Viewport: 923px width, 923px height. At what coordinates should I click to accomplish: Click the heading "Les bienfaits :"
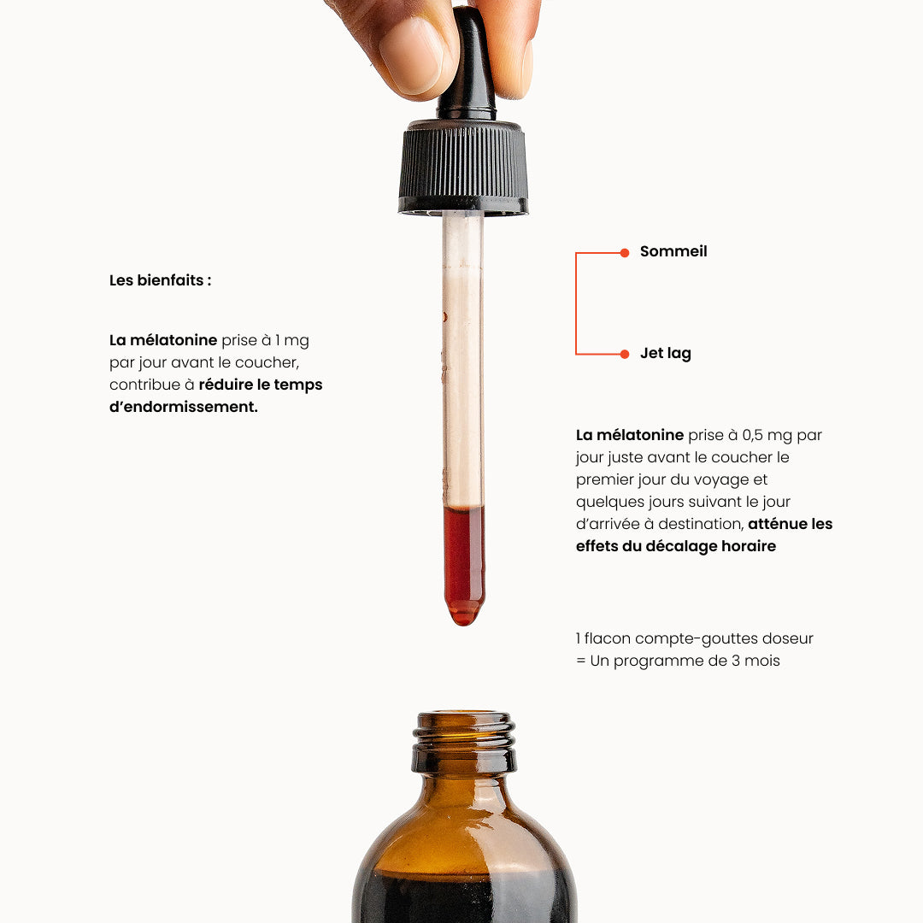[x=160, y=280]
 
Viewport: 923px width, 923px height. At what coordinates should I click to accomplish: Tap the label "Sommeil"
[x=673, y=251]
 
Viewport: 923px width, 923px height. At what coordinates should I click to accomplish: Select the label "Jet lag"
[x=666, y=353]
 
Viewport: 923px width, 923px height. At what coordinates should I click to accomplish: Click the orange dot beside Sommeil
[x=625, y=252]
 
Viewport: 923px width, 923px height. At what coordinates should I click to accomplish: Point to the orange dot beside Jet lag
[x=625, y=354]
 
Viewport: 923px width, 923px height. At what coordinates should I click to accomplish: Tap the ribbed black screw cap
[x=463, y=168]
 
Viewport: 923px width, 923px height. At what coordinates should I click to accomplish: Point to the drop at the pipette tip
[x=464, y=615]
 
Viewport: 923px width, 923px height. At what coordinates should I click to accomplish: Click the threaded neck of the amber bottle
[x=464, y=743]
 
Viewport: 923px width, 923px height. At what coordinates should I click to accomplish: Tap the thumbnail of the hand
[x=411, y=55]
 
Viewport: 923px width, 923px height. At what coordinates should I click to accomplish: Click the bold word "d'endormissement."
[x=184, y=407]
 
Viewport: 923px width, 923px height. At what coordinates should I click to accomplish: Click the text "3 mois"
[x=755, y=661]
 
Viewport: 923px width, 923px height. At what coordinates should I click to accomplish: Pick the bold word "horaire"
[x=748, y=546]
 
